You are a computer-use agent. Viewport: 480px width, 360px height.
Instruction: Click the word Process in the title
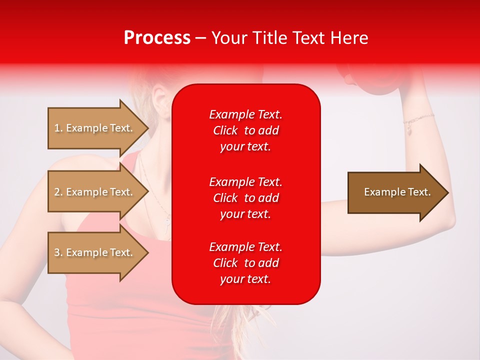(157, 38)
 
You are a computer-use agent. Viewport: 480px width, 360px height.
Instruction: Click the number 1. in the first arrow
(58, 128)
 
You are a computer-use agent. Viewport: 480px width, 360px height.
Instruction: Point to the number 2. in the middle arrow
(58, 192)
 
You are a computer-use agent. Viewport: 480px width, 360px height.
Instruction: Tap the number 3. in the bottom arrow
(58, 252)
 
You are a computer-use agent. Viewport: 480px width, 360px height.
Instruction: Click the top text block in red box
(245, 130)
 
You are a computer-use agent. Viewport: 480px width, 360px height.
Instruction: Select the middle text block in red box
(245, 198)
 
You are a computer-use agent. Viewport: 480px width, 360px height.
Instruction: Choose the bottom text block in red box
(245, 263)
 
